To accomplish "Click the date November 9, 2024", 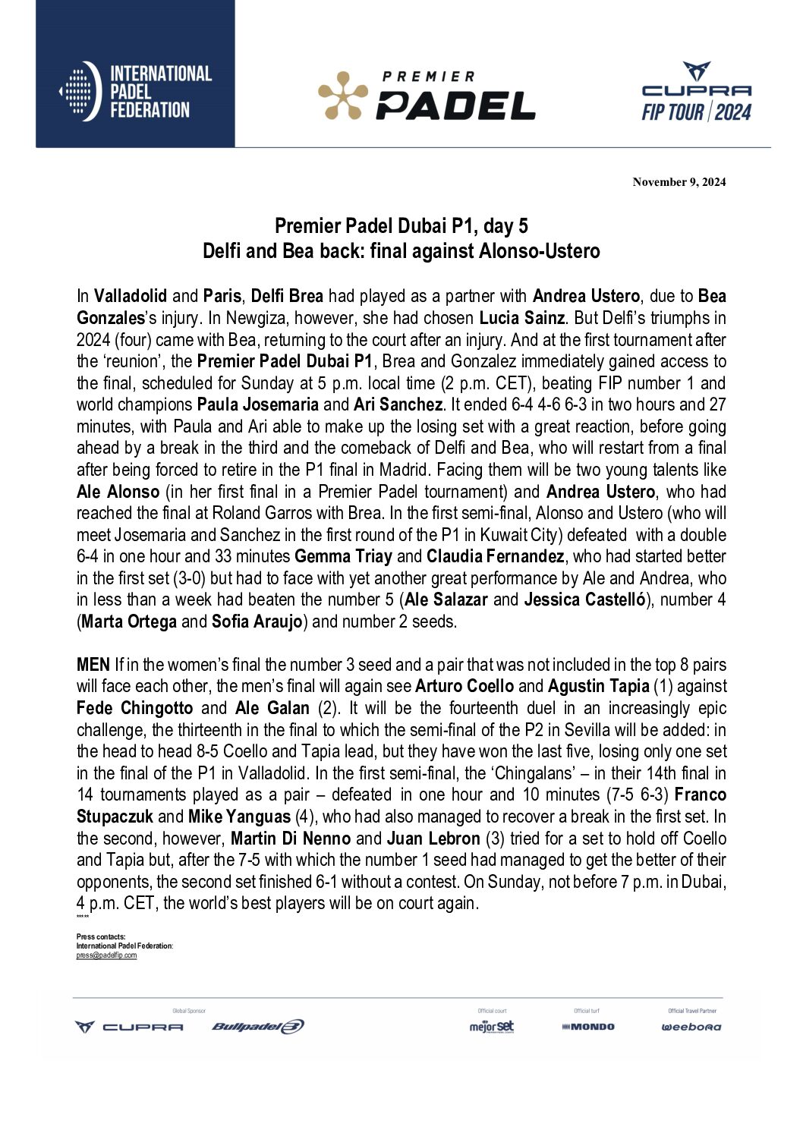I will [x=679, y=181].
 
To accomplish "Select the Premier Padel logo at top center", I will [x=426, y=96].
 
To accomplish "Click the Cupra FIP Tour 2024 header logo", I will [x=696, y=93].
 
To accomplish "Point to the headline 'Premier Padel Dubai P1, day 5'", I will [x=401, y=226].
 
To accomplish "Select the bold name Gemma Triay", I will [x=343, y=556].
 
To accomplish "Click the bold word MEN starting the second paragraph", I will [x=93, y=665].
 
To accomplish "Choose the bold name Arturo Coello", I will [x=464, y=687].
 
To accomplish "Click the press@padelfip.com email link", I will [x=106, y=955].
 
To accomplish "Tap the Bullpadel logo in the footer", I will [x=258, y=1027].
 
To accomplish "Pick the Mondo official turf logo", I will [x=587, y=1027].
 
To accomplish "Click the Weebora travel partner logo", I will [x=691, y=1027].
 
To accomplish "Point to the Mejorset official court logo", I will [x=491, y=1027].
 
